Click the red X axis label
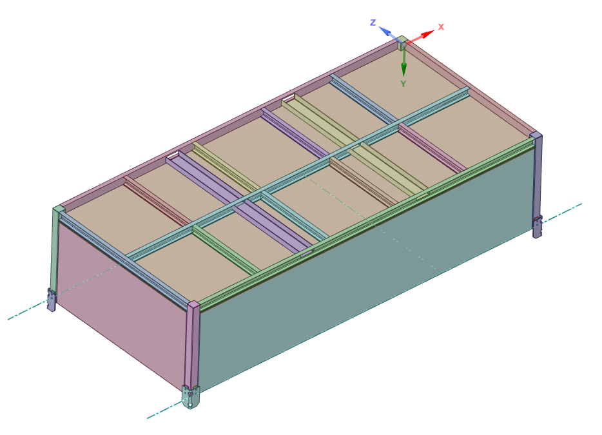tap(442, 27)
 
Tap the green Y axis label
tap(403, 84)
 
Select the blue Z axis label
tap(373, 23)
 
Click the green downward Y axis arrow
tap(403, 65)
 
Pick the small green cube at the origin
tap(401, 43)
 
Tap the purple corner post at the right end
tap(538, 174)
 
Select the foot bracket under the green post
tap(51, 300)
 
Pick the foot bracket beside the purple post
tap(537, 226)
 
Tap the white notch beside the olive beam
tap(290, 99)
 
